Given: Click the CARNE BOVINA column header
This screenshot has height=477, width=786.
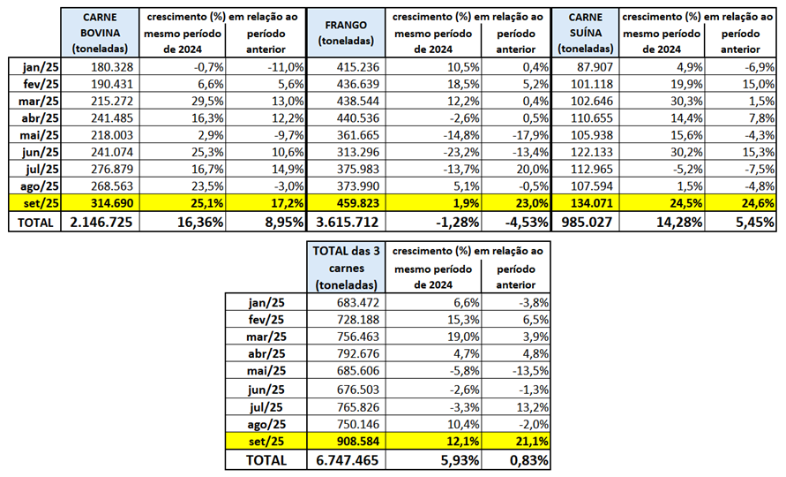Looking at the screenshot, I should [x=101, y=33].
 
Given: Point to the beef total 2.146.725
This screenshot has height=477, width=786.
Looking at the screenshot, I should [x=99, y=223].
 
